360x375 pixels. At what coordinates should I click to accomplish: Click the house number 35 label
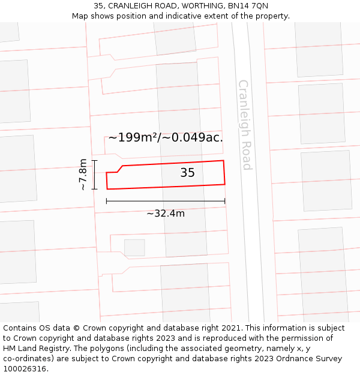pos(187,173)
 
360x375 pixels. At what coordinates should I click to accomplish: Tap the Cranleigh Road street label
pos(245,125)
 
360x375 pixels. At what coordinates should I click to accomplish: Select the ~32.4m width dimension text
pos(166,213)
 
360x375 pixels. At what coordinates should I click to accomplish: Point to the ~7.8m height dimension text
pos(83,174)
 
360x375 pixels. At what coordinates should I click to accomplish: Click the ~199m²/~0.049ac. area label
pos(166,137)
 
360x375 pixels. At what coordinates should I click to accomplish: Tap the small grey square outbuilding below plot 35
pos(134,247)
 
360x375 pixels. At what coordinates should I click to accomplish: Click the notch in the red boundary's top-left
pos(120,169)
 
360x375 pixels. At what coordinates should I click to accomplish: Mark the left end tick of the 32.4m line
pos(107,201)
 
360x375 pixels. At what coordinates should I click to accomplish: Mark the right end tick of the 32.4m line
pos(225,201)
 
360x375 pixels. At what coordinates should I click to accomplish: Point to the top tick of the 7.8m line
pos(94,160)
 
